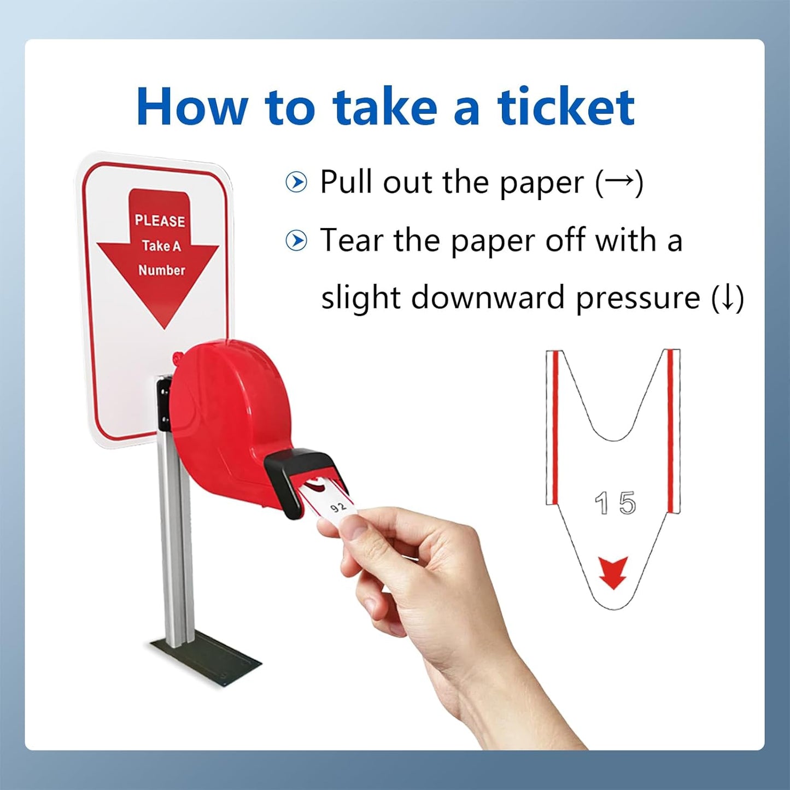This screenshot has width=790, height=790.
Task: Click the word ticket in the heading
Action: click(x=566, y=107)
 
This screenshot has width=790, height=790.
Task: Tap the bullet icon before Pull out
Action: click(x=296, y=182)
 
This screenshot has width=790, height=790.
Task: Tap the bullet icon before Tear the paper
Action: click(x=296, y=241)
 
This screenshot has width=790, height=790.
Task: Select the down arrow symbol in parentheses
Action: click(x=727, y=299)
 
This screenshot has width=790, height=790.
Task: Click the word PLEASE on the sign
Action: click(x=160, y=221)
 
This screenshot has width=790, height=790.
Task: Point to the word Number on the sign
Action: click(x=161, y=270)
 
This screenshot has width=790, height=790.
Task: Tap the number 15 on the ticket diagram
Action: click(x=615, y=503)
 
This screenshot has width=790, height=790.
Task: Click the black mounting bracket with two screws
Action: click(x=163, y=402)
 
